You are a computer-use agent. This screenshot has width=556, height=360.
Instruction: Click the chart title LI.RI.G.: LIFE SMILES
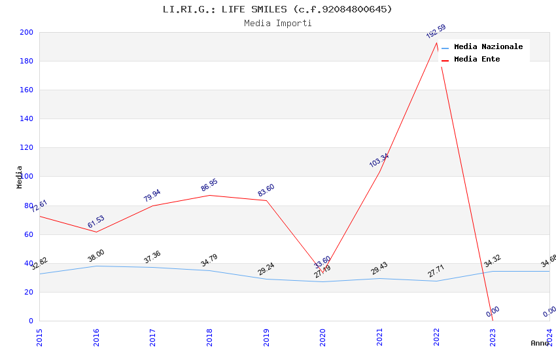tap(277, 9)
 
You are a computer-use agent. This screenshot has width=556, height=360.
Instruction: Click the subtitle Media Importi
tap(277, 24)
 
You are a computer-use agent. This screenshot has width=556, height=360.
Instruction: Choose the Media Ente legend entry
tap(477, 60)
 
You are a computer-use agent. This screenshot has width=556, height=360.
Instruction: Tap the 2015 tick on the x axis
tap(39, 336)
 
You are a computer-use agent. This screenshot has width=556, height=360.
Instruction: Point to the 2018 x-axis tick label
tap(209, 336)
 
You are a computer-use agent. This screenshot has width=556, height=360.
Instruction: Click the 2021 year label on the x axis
tap(379, 336)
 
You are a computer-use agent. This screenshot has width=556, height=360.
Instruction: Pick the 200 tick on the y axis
tap(27, 33)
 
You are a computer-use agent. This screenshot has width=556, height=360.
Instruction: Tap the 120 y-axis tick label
tap(27, 148)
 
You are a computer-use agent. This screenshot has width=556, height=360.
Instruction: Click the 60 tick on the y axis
tap(29, 234)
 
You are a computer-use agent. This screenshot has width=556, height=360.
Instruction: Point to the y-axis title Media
tap(20, 177)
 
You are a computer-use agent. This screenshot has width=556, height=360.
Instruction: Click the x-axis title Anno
tap(540, 343)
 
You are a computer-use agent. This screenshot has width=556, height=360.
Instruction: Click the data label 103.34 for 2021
tap(379, 160)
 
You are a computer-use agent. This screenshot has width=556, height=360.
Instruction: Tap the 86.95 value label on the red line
tap(209, 185)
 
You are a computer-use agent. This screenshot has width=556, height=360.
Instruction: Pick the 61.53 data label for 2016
tap(96, 222)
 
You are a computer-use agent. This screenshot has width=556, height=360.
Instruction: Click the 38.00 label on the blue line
tap(96, 256)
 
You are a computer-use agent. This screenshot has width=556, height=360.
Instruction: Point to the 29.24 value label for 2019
tap(266, 269)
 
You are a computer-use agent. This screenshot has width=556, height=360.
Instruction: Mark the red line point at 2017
tap(152, 206)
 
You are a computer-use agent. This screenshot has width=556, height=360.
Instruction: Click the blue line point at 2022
tap(436, 281)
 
